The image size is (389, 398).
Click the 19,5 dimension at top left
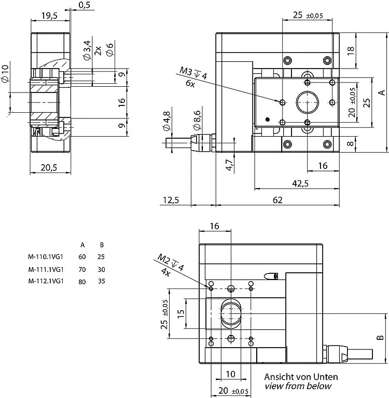click(x=50, y=16)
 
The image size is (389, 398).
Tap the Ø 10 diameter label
click(x=6, y=74)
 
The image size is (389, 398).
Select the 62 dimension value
click(x=277, y=200)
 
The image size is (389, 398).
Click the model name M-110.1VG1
click(x=46, y=256)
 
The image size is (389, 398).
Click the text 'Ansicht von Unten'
click(x=301, y=377)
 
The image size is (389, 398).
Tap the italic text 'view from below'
click(x=298, y=386)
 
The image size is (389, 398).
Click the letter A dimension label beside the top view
click(x=381, y=92)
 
